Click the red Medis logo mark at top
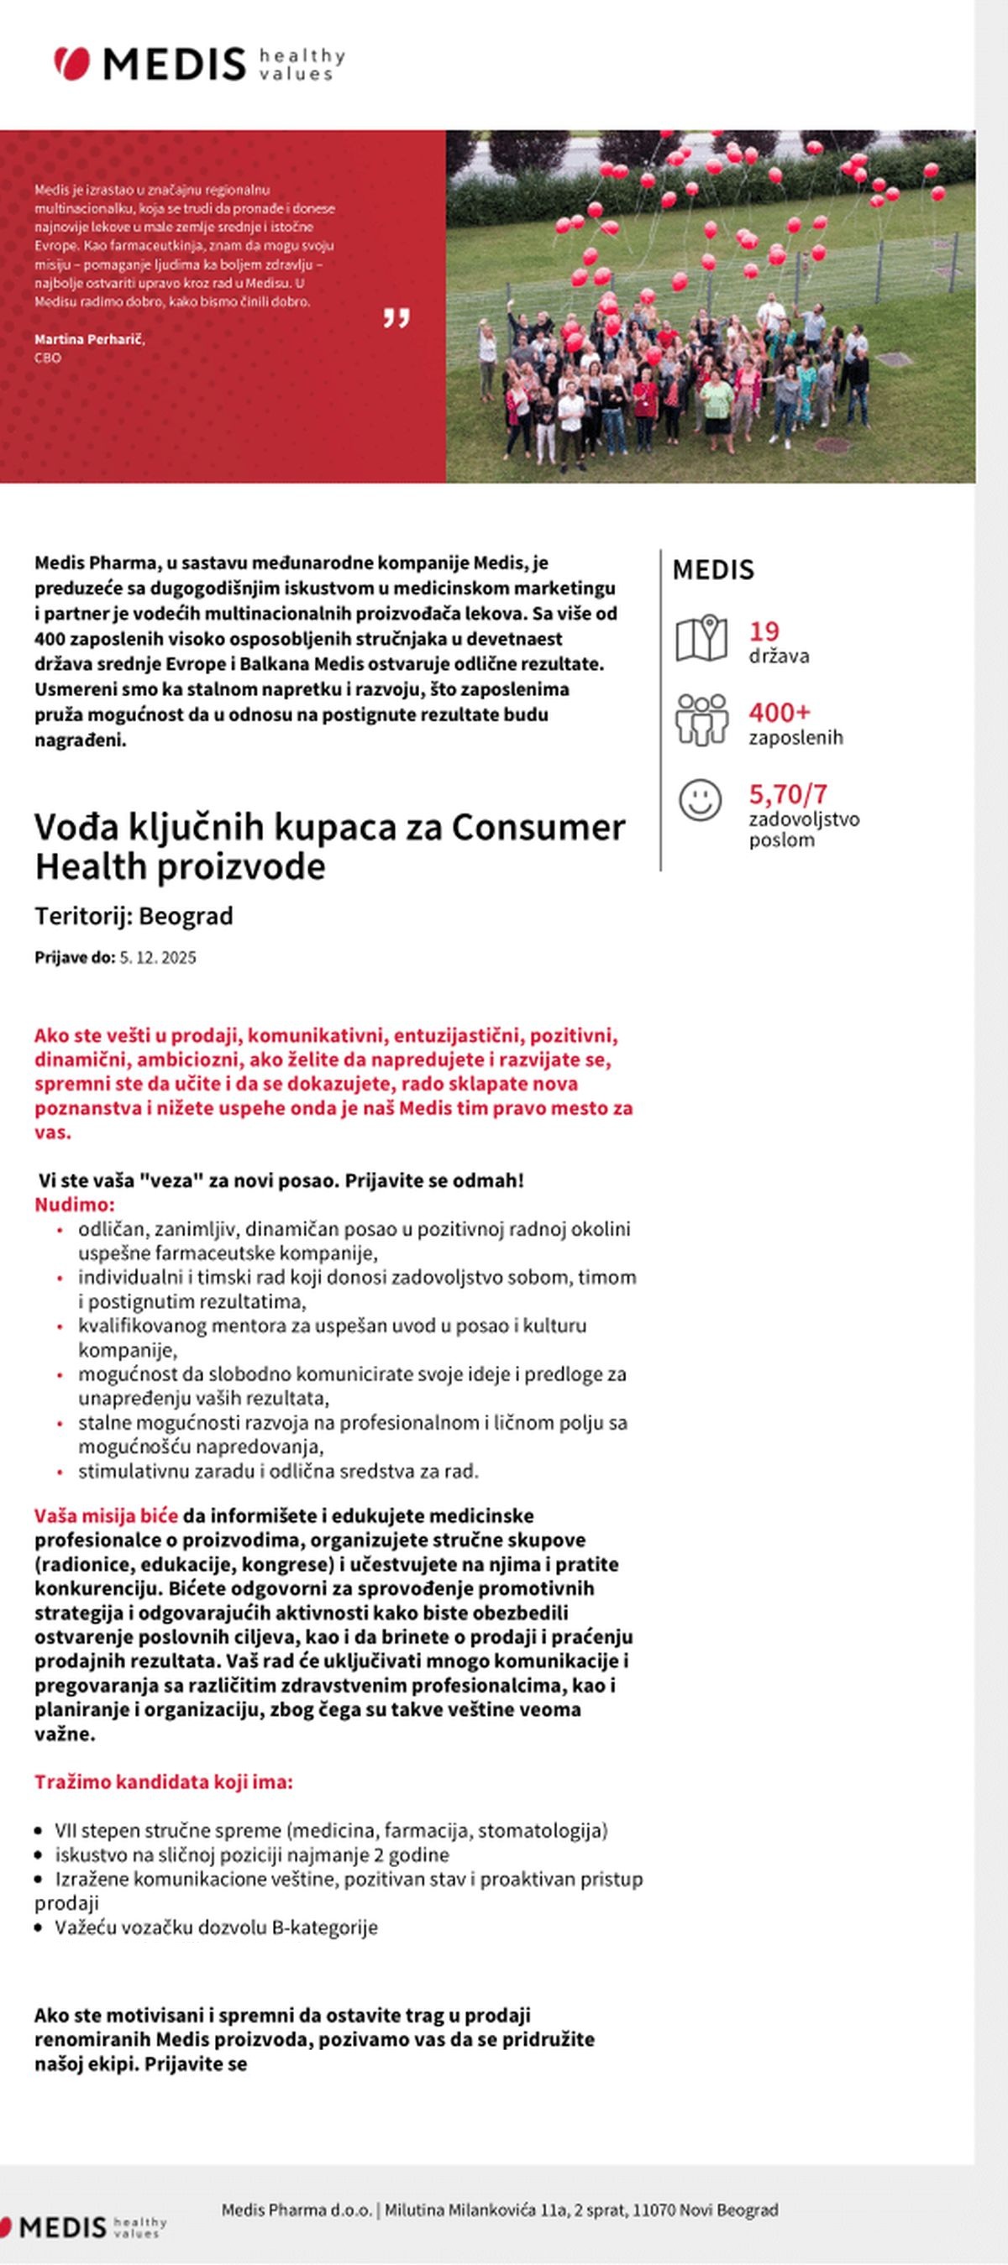coord(72,63)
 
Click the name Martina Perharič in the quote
coord(89,338)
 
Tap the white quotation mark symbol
coord(396,317)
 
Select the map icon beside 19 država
coord(701,638)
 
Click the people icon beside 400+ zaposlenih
coord(701,719)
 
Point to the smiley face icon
coord(701,800)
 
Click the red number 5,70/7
coord(787,794)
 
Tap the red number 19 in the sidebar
coord(764,630)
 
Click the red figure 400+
coord(779,711)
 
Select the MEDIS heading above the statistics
coord(712,570)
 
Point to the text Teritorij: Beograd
coord(134,915)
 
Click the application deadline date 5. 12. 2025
coord(157,958)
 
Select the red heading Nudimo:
coord(75,1205)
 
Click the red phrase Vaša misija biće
coord(106,1516)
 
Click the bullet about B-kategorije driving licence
coord(216,1928)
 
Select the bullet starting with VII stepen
coord(331,1831)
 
